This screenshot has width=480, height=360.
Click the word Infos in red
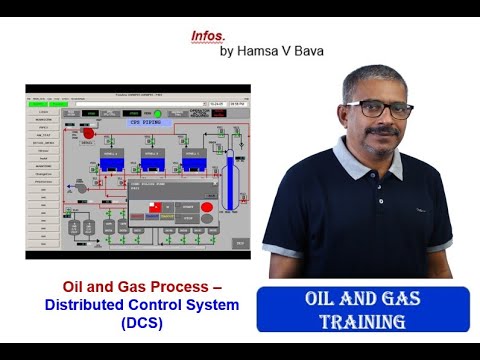(x=207, y=34)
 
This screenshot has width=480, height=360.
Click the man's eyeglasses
(x=385, y=109)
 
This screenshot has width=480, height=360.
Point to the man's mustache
(x=385, y=130)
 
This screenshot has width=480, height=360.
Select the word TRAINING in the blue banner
(x=362, y=321)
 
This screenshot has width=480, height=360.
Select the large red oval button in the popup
(x=207, y=218)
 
